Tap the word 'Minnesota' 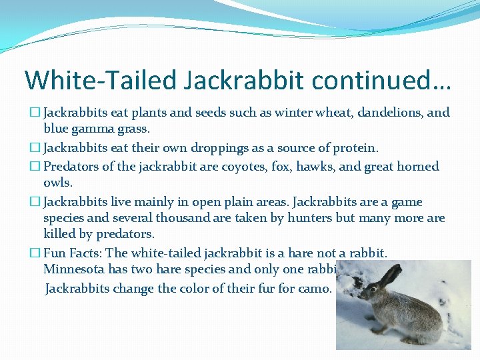74,269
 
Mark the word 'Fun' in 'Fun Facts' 54,253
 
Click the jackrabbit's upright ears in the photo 389,275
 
